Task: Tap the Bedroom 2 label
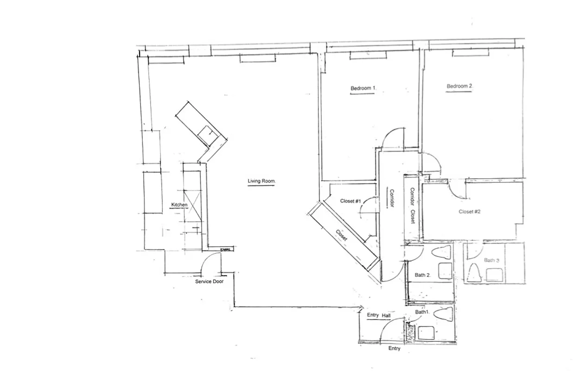pos(459,86)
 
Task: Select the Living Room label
pos(262,181)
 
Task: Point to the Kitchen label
pos(179,205)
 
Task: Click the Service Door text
pos(209,281)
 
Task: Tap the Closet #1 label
pos(350,201)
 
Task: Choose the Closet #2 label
pos(469,211)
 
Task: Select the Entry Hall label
pos(379,315)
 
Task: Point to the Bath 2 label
pos(423,275)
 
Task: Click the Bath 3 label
pos(491,260)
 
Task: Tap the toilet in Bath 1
pos(444,314)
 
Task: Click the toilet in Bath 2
pos(441,253)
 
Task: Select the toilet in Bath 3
pos(475,273)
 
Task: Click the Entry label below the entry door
pos(394,349)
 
